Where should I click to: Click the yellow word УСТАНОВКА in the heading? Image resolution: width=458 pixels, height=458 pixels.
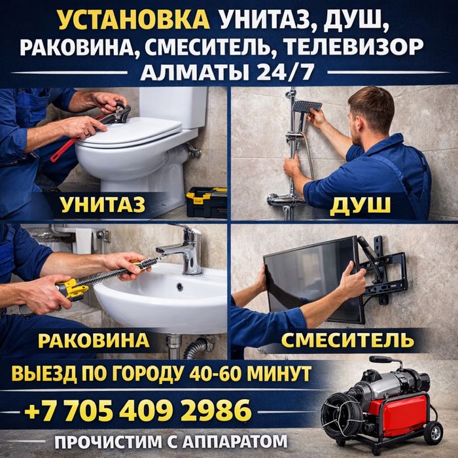click(134, 21)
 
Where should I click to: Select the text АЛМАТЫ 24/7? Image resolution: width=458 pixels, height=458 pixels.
click(228, 71)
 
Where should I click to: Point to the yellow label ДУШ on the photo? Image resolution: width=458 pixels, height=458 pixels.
click(361, 205)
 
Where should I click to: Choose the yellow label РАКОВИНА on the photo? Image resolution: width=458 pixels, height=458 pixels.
click(94, 340)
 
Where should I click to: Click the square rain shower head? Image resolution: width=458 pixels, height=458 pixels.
click(306, 106)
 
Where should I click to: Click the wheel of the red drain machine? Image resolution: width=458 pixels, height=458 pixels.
click(432, 432)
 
